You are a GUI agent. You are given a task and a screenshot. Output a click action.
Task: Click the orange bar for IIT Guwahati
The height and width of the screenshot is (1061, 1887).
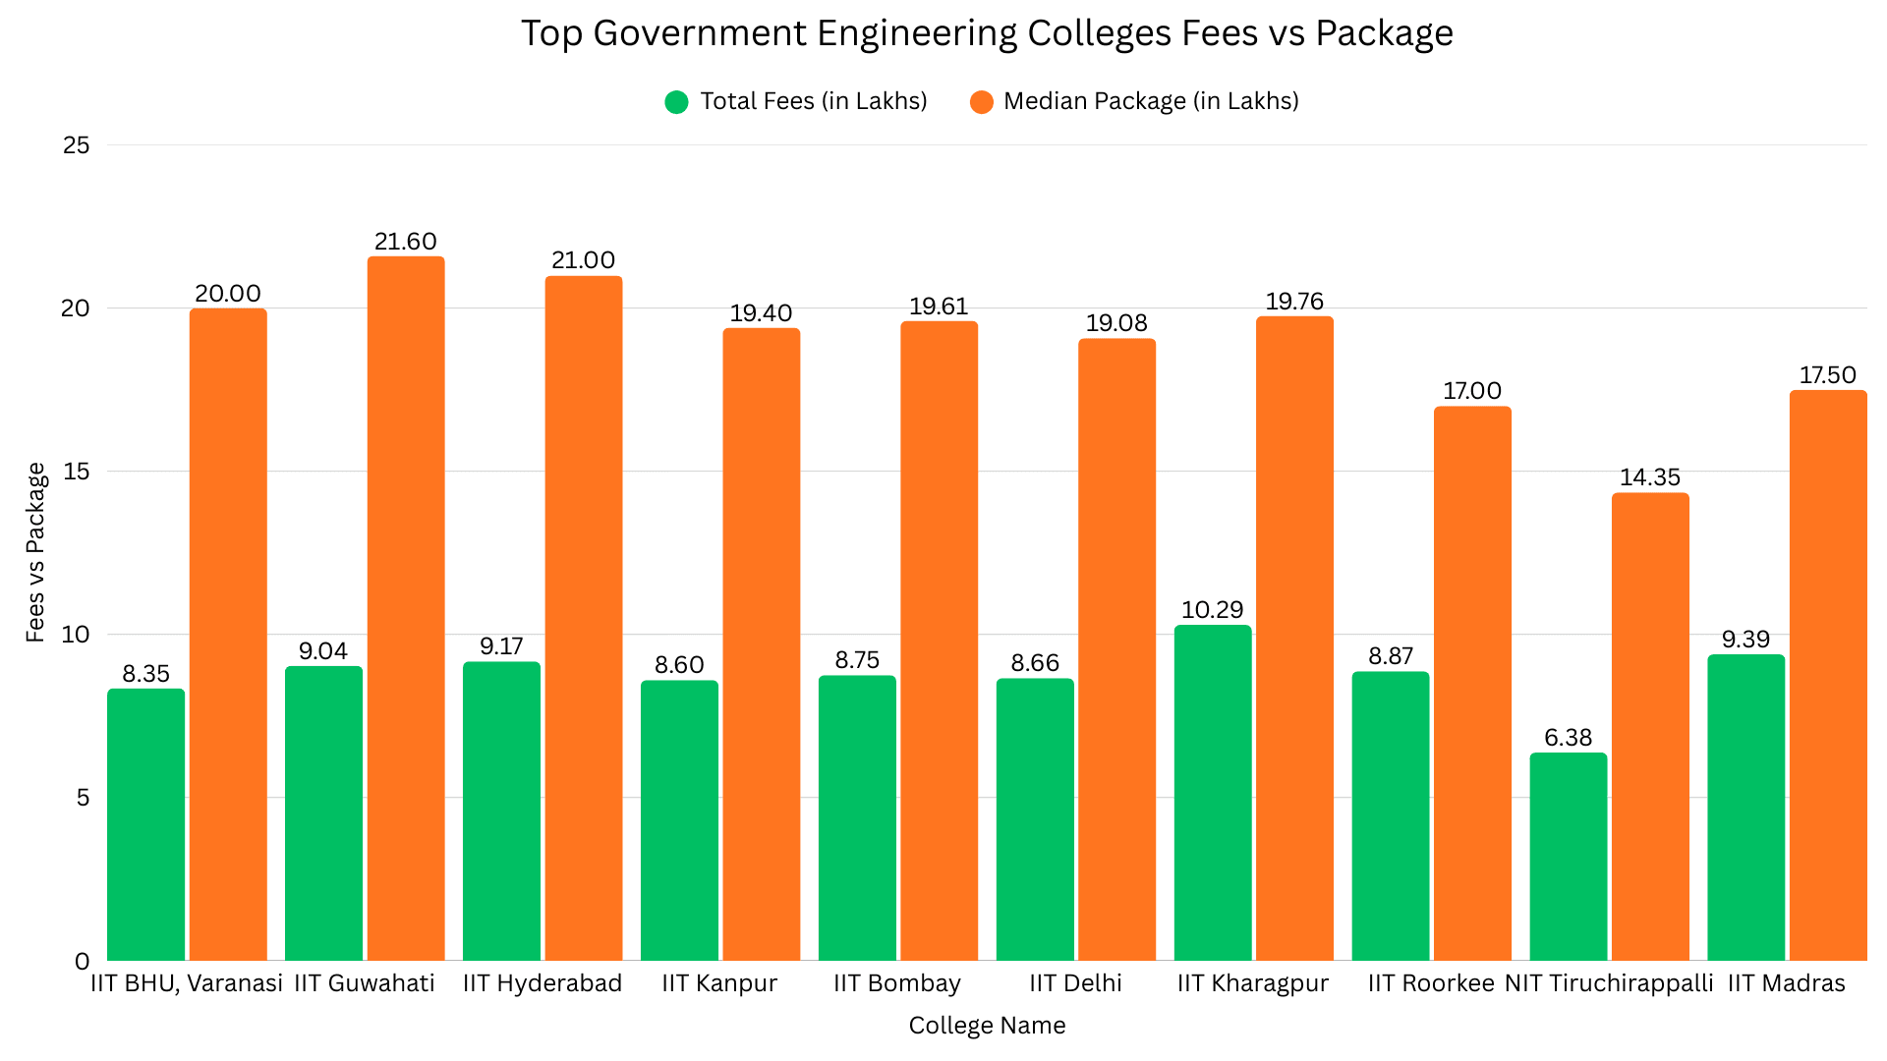tap(406, 609)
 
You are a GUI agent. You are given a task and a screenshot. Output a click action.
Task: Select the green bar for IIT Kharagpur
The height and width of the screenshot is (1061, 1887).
tap(1213, 793)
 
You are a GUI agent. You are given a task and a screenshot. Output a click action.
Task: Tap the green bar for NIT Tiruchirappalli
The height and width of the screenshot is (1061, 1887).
tap(1568, 857)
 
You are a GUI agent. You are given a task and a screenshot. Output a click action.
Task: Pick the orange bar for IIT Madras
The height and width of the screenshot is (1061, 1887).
tap(1827, 676)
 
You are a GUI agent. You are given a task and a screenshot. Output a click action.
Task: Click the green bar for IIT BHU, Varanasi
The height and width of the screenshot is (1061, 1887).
tap(145, 825)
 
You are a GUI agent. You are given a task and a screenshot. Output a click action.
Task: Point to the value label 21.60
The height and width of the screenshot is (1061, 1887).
tap(405, 242)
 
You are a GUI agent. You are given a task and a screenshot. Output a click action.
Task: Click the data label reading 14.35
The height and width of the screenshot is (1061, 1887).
tap(1649, 477)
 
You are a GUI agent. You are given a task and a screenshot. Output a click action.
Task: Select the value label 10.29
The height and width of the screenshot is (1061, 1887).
tap(1212, 610)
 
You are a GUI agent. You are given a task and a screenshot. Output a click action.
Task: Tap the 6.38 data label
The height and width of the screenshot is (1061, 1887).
tap(1568, 738)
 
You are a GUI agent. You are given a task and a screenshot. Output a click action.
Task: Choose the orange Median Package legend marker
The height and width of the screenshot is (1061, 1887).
tap(981, 102)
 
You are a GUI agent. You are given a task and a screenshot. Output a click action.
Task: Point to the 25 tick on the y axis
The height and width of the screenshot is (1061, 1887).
tap(76, 145)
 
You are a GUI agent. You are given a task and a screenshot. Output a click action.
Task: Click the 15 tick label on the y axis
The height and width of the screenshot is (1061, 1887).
tap(76, 472)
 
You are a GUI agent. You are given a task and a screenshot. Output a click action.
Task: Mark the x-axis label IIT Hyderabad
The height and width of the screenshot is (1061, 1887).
tap(542, 983)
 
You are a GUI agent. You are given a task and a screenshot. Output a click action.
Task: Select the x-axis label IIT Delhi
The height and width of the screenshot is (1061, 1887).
tap(1075, 983)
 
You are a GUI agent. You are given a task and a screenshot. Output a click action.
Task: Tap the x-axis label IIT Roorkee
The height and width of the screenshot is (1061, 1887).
tap(1430, 983)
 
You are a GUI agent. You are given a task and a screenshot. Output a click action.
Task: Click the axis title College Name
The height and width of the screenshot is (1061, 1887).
tap(987, 1026)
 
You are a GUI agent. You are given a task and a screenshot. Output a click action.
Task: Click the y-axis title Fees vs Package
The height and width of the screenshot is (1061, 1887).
tap(36, 552)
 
